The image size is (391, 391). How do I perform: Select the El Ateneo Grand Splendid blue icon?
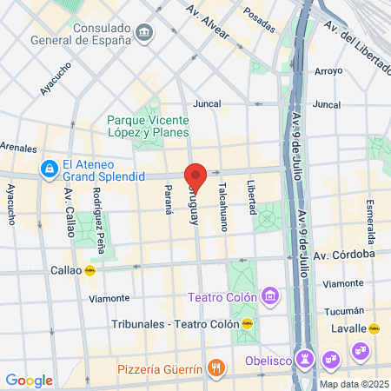pyautogui.click(x=49, y=169)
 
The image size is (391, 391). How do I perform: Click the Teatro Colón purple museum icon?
pyautogui.click(x=271, y=297)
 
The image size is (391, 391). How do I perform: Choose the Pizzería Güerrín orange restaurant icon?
pyautogui.click(x=216, y=369)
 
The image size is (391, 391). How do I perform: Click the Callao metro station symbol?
pyautogui.click(x=89, y=269)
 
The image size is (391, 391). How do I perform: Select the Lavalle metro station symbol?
pyautogui.click(x=374, y=328)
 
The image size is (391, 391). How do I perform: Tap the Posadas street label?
pyautogui.click(x=259, y=16)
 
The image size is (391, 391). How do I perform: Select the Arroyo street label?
pyautogui.click(x=328, y=71)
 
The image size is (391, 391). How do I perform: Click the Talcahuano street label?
pyautogui.click(x=223, y=205)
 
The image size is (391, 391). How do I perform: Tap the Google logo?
pyautogui.click(x=29, y=380)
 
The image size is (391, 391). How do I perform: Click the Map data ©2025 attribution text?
pyautogui.click(x=352, y=384)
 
